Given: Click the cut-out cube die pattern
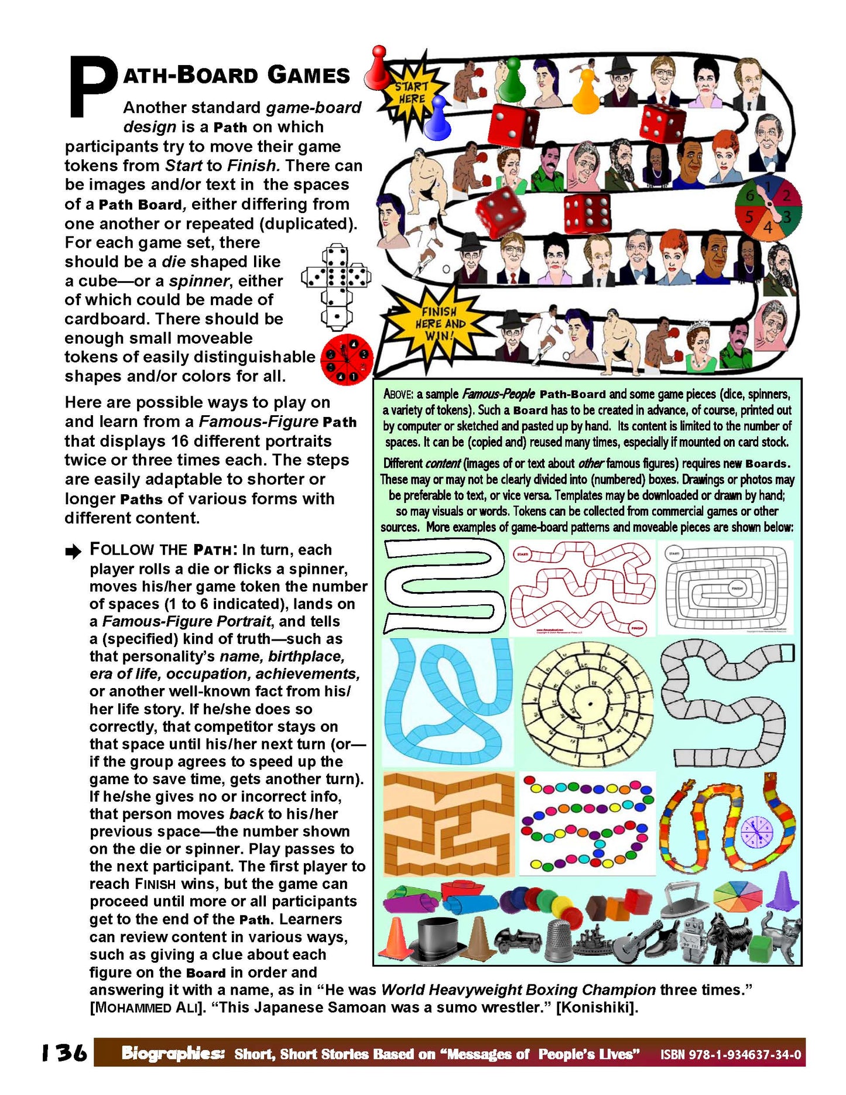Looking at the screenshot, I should [x=336, y=285].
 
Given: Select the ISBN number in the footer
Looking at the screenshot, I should [x=730, y=1055].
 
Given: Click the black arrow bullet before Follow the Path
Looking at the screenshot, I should [x=73, y=551].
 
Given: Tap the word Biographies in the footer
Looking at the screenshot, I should [x=173, y=1053].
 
